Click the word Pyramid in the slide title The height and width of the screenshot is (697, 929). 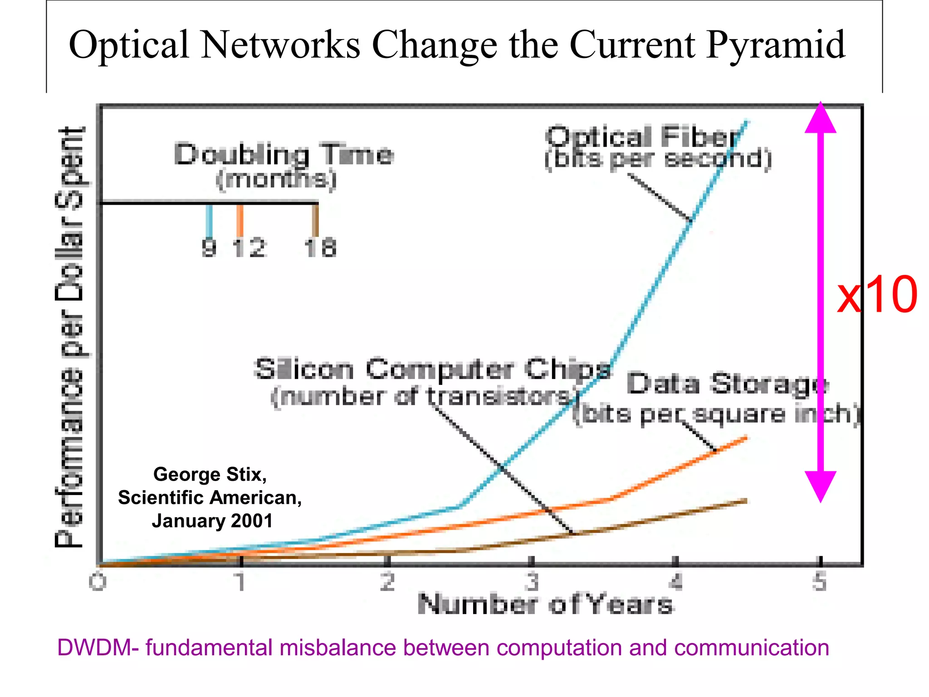point(775,45)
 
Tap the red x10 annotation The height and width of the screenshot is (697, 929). point(876,295)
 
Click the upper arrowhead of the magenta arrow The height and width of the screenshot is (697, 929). point(820,119)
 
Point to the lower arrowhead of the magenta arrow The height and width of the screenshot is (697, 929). point(820,486)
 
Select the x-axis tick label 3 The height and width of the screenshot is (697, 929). point(532,582)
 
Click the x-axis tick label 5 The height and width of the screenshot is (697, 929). point(820,582)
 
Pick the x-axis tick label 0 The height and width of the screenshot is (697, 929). point(98,582)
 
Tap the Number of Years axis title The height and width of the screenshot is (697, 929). point(545,604)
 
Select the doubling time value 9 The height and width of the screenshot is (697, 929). point(209,248)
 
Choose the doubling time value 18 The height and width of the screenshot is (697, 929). point(320,248)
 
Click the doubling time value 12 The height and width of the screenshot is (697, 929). point(249,248)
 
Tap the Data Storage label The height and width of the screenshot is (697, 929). point(728,384)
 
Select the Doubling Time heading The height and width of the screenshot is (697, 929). point(284,154)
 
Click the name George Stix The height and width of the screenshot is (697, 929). point(210,475)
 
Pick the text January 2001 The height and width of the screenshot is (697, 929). point(212,521)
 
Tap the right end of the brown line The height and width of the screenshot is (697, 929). point(745,501)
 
